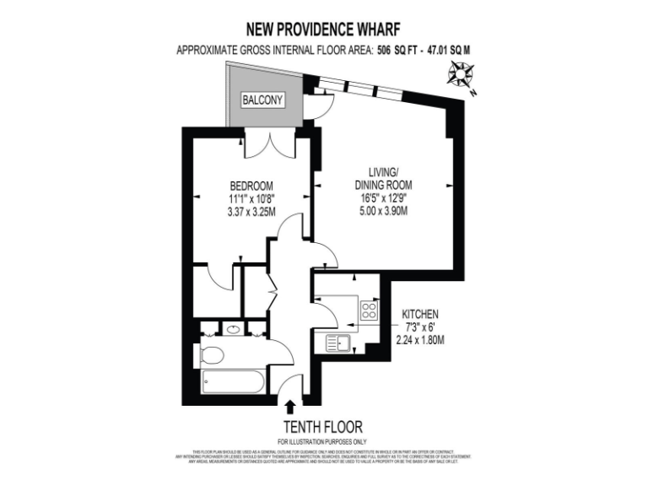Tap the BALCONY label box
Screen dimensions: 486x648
[262, 100]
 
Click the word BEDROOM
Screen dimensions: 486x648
[251, 186]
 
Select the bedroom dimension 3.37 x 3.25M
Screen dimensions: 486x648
[251, 213]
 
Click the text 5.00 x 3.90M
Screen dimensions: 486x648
[383, 212]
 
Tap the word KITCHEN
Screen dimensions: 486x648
[420, 314]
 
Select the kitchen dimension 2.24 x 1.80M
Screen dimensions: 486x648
[420, 340]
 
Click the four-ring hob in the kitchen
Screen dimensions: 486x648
[369, 310]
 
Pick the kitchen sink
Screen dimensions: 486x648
[341, 343]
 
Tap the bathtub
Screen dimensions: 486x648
[234, 384]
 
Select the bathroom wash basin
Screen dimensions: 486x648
[233, 328]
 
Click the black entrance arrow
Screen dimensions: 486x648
[292, 408]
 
